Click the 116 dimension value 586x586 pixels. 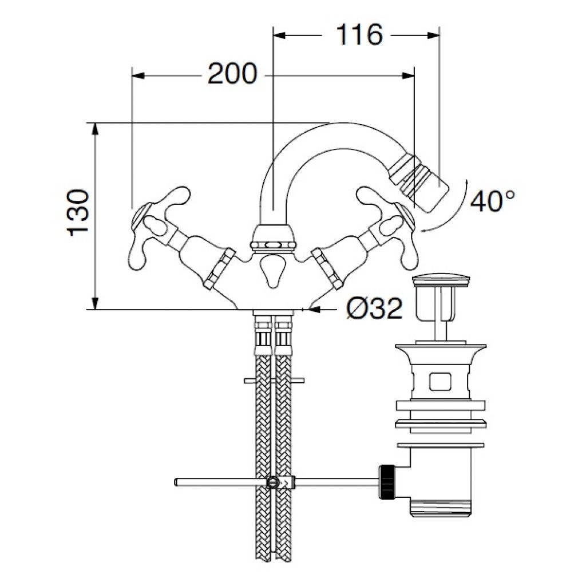pos(359,35)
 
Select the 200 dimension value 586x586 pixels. pos(232,74)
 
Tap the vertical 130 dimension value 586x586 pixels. pos(78,213)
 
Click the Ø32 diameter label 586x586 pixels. pos(374,308)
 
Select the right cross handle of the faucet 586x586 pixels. pos(389,224)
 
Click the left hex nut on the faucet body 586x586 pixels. pos(220,268)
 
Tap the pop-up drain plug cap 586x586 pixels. pos(441,282)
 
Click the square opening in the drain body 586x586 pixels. pos(441,381)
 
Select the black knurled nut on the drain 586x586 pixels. pos(387,482)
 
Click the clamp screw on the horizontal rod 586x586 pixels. pos(273,482)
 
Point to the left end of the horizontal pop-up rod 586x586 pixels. pos(176,482)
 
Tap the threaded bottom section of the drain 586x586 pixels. pos(441,508)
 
